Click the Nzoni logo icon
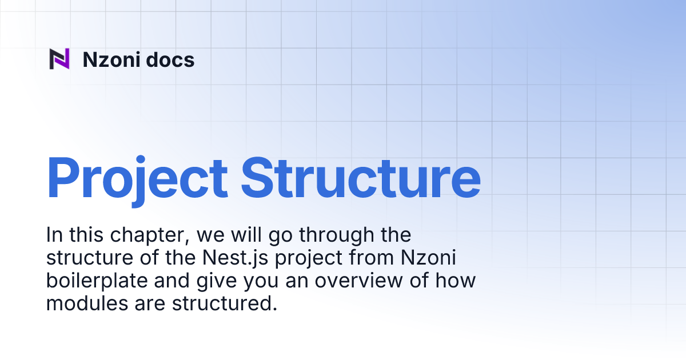point(59,59)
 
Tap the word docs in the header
point(170,59)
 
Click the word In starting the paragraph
point(53,235)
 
